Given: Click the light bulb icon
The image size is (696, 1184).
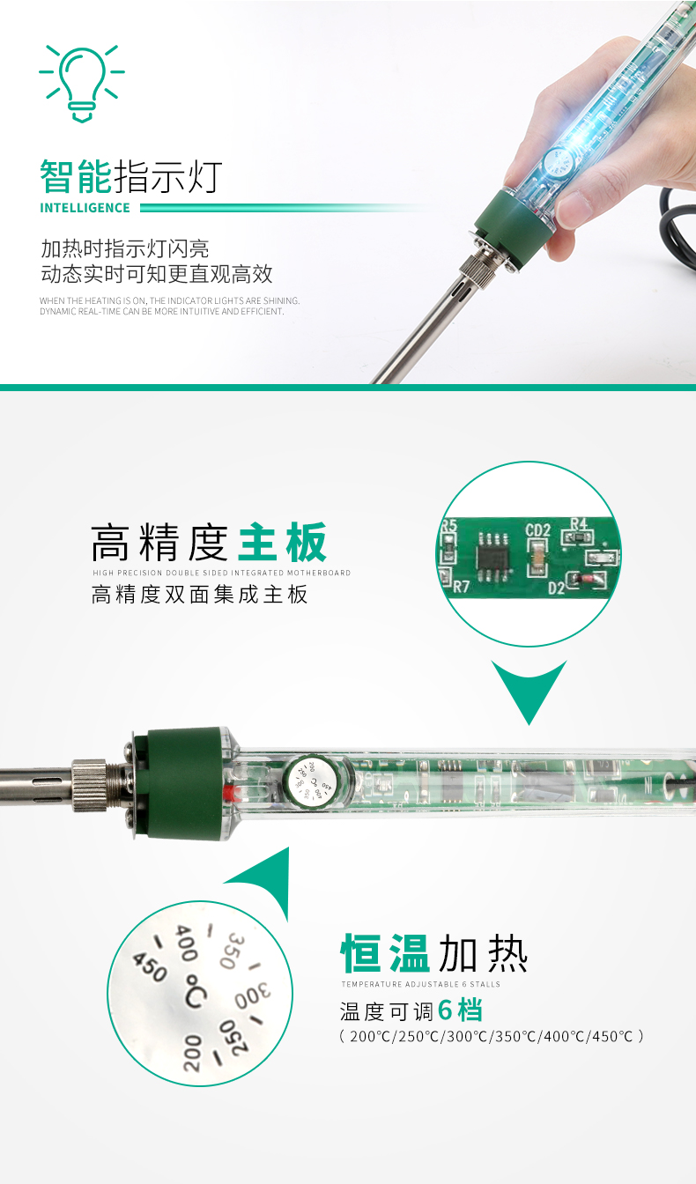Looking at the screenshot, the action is pos(81,83).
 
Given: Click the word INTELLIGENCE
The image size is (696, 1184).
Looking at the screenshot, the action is pos(85,208).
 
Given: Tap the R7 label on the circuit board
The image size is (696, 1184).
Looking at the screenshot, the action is pos(461,586).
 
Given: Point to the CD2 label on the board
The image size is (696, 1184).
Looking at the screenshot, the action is pos(538,530).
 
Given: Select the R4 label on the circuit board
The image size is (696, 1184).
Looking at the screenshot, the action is pos(579,523).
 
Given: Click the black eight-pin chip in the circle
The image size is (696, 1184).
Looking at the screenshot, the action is pos(492,557).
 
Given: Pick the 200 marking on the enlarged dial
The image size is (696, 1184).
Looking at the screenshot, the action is pos(192,1053).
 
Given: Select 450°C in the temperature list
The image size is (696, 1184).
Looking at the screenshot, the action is pos(612,1037).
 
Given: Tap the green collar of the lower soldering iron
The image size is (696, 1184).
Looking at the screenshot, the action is pos(184,783).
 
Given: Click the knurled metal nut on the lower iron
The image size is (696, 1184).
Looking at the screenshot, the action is pos(90,784).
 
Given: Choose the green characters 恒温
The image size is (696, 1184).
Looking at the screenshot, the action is pos(385,954).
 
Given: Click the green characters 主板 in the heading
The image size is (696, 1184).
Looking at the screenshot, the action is pos(282,543).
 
